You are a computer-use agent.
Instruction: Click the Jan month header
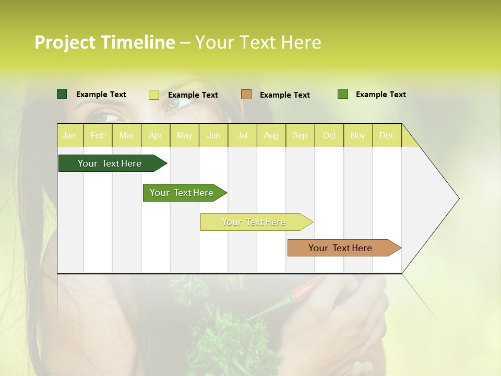(69, 135)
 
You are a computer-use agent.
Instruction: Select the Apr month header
(155, 135)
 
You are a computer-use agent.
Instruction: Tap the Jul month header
(242, 135)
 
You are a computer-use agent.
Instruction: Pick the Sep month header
(300, 135)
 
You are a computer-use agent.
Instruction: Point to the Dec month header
(387, 135)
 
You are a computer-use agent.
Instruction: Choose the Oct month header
(329, 135)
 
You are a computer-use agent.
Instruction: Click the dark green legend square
(62, 94)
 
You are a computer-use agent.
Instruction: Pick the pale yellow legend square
(154, 95)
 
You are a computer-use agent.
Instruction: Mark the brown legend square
(246, 95)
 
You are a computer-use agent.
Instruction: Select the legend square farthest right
(343, 94)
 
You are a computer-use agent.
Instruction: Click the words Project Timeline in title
(105, 42)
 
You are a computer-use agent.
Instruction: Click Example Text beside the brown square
(284, 95)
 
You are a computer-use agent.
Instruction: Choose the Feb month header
(98, 135)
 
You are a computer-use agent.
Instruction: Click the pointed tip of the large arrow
(458, 198)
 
